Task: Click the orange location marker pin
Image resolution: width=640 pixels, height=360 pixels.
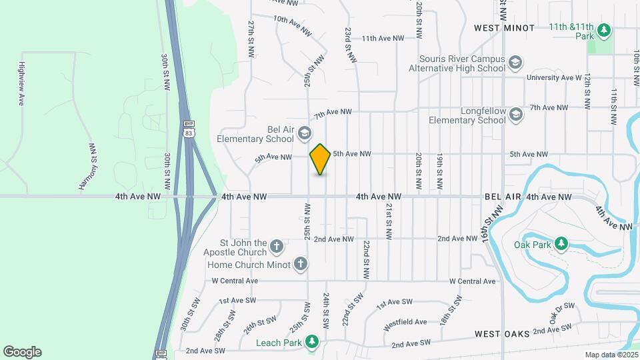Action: pyautogui.click(x=321, y=159)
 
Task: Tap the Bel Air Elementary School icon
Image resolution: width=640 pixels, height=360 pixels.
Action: pyautogui.click(x=305, y=133)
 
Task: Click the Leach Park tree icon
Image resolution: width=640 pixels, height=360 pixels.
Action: pyautogui.click(x=311, y=343)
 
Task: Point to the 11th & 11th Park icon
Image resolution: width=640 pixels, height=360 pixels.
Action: pyautogui.click(x=603, y=30)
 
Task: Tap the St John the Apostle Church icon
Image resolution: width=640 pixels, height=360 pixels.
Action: pyautogui.click(x=277, y=248)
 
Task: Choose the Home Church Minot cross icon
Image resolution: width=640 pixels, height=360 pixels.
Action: pyautogui.click(x=301, y=264)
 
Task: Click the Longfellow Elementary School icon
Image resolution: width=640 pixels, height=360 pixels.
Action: pyautogui.click(x=515, y=115)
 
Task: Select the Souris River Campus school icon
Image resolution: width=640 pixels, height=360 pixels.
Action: pyautogui.click(x=515, y=63)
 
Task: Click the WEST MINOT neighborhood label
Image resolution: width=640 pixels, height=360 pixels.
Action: pyautogui.click(x=504, y=28)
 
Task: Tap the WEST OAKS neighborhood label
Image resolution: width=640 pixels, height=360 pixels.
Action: pyautogui.click(x=503, y=333)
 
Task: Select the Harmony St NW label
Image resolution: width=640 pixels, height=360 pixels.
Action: pyautogui.click(x=88, y=166)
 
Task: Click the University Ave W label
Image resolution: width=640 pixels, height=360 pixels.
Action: pyautogui.click(x=553, y=77)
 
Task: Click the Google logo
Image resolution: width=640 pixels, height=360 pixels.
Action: pyautogui.click(x=22, y=351)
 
